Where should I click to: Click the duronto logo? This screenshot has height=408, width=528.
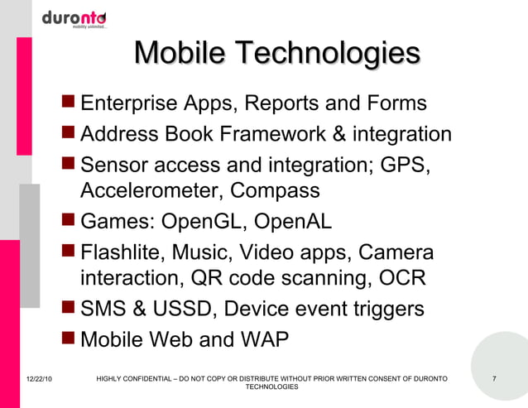point(74,19)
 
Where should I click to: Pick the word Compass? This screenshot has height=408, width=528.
point(275,190)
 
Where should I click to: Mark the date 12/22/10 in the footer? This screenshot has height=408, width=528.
point(31,379)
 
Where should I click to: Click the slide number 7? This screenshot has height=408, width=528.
point(493,379)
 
